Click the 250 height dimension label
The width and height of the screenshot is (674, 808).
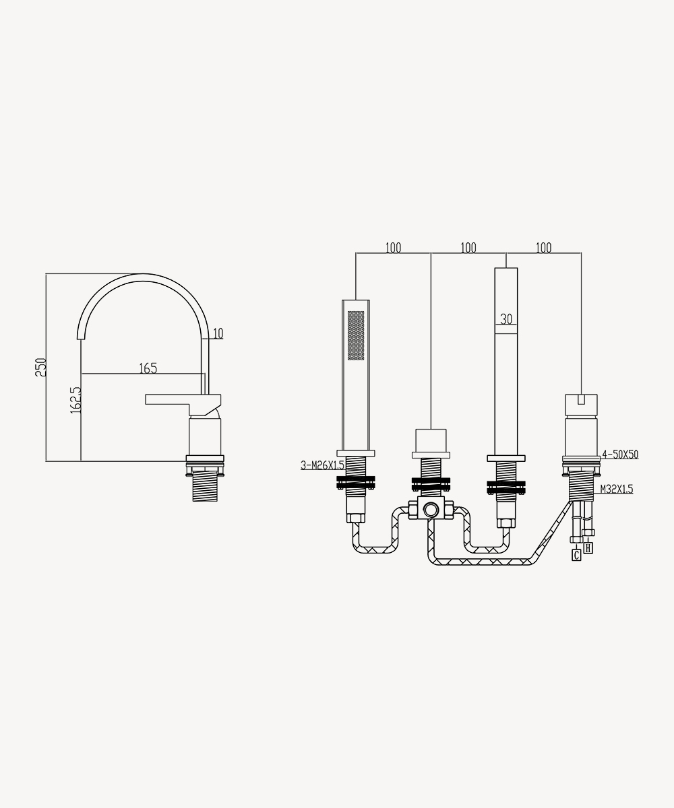coord(40,367)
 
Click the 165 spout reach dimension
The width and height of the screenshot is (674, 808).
coord(148,368)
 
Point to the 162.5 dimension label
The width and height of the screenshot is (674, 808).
coord(76,400)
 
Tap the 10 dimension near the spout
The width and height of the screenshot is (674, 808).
coord(218,333)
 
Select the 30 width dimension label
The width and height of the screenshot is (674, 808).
coord(506,319)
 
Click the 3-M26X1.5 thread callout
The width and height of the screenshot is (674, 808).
coord(322,465)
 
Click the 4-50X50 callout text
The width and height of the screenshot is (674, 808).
coord(620,454)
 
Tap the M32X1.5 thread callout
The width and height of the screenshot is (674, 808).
coord(617,489)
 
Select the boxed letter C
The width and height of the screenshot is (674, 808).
coord(576,555)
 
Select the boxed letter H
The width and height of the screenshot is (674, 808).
coord(588,548)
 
